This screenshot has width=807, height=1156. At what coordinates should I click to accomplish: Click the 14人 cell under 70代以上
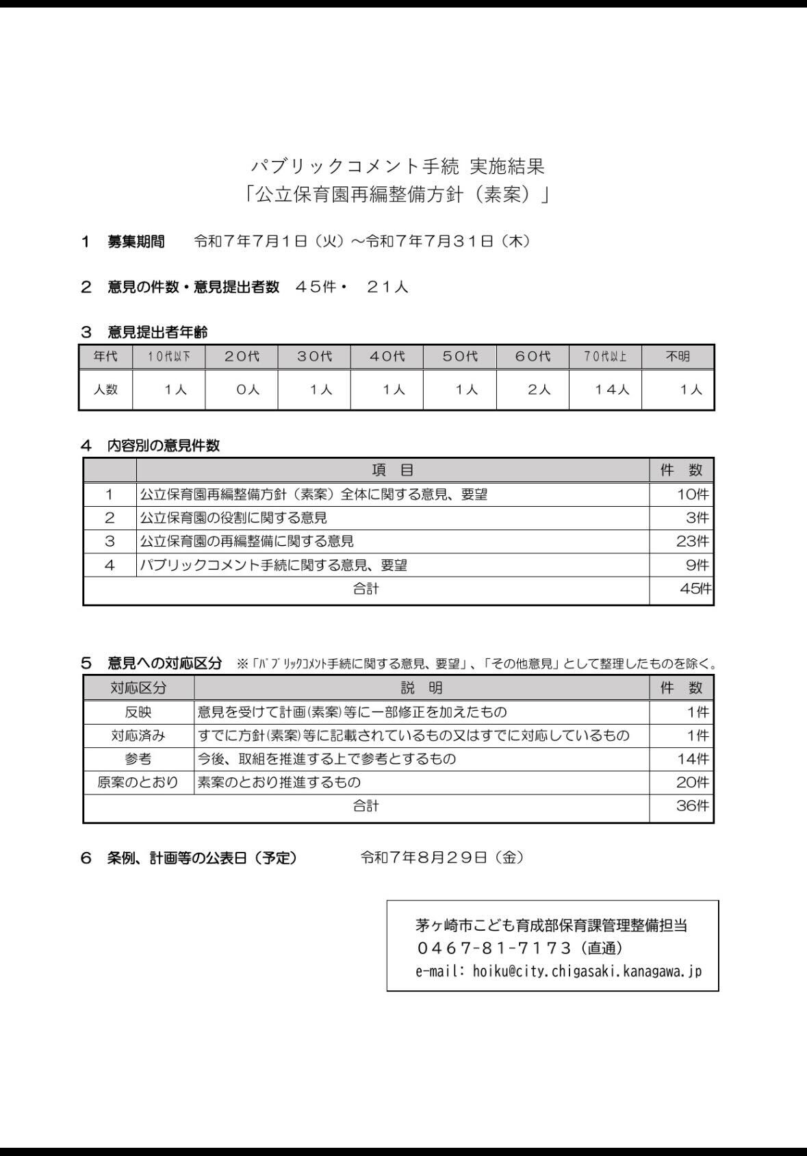pyautogui.click(x=611, y=390)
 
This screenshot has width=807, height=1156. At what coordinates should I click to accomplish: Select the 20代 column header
pyautogui.click(x=242, y=357)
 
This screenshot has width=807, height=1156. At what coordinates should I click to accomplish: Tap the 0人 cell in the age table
pyautogui.click(x=247, y=390)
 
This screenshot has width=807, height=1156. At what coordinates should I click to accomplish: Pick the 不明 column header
pyautogui.click(x=678, y=357)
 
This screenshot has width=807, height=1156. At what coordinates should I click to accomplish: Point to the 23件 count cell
pyautogui.click(x=692, y=541)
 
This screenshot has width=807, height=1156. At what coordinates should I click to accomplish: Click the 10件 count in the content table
pyautogui.click(x=692, y=494)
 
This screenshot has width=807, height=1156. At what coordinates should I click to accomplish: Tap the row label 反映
pyautogui.click(x=138, y=712)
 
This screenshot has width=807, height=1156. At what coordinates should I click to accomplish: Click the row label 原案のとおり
pyautogui.click(x=138, y=782)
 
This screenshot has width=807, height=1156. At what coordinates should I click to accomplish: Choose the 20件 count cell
pyautogui.click(x=692, y=782)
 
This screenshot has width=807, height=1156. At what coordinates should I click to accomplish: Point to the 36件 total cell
pyautogui.click(x=692, y=806)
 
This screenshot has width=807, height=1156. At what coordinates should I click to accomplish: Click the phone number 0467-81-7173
pyautogui.click(x=494, y=948)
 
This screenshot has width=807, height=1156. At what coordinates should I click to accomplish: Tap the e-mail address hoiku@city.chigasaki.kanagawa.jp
pyautogui.click(x=587, y=971)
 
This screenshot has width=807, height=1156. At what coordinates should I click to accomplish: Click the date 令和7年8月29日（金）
pyautogui.click(x=442, y=857)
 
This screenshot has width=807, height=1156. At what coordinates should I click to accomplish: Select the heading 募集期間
pyautogui.click(x=136, y=241)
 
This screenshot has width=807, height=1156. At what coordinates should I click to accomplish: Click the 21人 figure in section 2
pyautogui.click(x=387, y=287)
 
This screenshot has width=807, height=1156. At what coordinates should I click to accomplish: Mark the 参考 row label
pyautogui.click(x=138, y=759)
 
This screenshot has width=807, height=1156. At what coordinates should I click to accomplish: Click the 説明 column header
pyautogui.click(x=421, y=688)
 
